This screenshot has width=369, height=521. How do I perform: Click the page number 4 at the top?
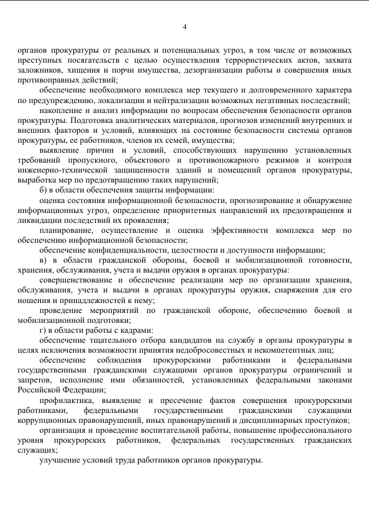pos(184,26)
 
